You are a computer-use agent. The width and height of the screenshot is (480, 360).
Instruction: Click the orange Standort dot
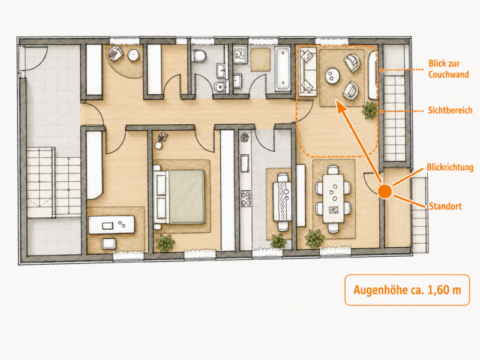pyautogui.click(x=385, y=191)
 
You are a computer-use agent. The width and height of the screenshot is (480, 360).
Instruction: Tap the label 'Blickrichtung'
pyautogui.click(x=450, y=167)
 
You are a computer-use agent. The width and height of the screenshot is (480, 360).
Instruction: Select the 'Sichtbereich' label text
pyautogui.click(x=450, y=110)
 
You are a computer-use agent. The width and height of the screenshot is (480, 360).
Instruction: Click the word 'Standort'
pyautogui.click(x=445, y=206)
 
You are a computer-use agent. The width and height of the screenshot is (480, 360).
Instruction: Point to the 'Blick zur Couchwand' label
pyautogui.click(x=448, y=69)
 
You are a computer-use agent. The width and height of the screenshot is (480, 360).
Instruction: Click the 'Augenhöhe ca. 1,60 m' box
pyautogui.click(x=407, y=290)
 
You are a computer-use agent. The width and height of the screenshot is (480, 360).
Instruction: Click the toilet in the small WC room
pyautogui.click(x=199, y=56)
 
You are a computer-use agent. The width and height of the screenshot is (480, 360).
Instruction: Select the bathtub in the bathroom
pyautogui.click(x=282, y=69)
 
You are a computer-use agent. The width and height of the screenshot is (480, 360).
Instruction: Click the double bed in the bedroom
pyautogui.click(x=181, y=197)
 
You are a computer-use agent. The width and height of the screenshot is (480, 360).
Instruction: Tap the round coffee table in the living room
pyautogui.click(x=332, y=76)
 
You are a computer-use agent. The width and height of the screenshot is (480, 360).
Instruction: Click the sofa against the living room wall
pyautogui.click(x=308, y=71)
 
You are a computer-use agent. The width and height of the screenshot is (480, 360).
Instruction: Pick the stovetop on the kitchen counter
pyautogui.click(x=246, y=199)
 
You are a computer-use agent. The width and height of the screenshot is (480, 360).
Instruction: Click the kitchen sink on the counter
pyautogui.click(x=245, y=163)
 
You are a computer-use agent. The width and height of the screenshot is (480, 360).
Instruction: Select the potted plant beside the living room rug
pyautogui.click(x=370, y=110)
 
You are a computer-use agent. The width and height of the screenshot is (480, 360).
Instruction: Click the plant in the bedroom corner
pyautogui.click(x=166, y=243)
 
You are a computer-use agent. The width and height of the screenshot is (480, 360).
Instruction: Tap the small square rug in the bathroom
pyautogui.click(x=260, y=59)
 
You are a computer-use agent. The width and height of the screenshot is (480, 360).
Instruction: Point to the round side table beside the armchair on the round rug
pyautogui.click(x=133, y=55)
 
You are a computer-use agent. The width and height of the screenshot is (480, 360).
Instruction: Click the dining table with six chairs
pyautogui.click(x=334, y=199)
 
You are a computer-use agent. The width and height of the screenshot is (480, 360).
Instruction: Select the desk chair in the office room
pyautogui.click(x=109, y=244)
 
